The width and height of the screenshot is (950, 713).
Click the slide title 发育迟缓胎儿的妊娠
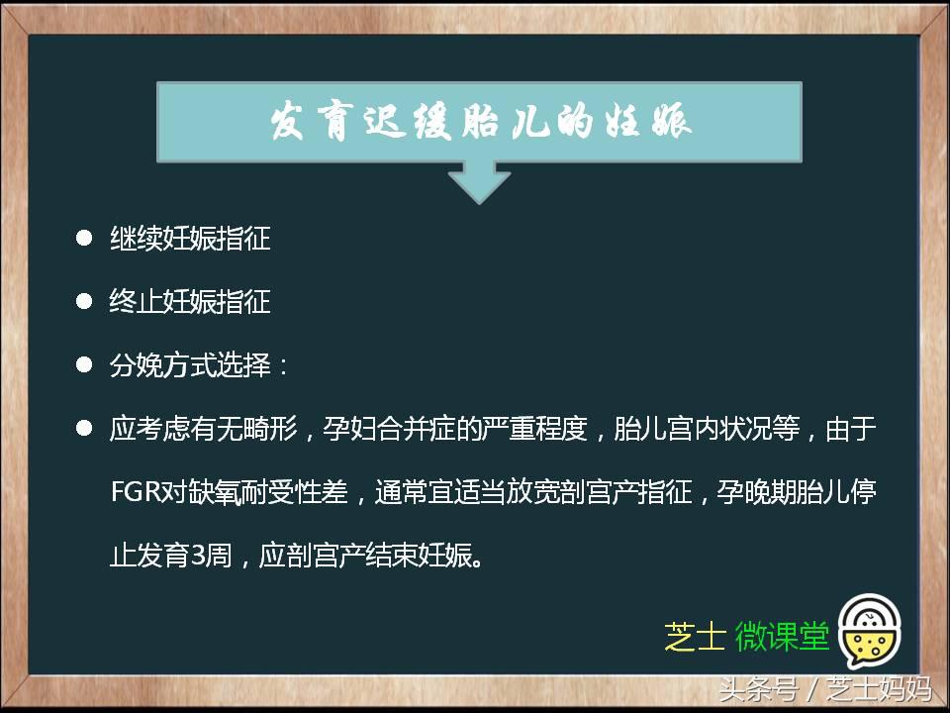[x=480, y=123]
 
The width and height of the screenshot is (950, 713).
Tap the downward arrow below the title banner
[x=480, y=182]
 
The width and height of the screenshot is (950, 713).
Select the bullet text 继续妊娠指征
[x=189, y=239]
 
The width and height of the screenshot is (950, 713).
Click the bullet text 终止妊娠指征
[x=189, y=302]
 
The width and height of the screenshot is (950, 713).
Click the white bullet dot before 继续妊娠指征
[x=84, y=239]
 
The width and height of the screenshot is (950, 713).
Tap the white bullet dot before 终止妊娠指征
[x=84, y=302]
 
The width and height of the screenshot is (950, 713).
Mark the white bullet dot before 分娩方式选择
[x=84, y=365]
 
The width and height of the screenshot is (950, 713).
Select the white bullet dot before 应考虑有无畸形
[x=84, y=429]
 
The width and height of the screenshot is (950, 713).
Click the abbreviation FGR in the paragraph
[x=137, y=492]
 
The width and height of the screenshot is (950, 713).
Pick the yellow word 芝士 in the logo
[x=696, y=637]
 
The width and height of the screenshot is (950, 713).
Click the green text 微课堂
[x=782, y=637]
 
